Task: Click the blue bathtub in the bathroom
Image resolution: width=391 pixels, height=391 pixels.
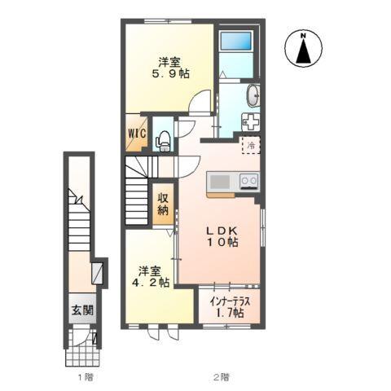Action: pos(237,42)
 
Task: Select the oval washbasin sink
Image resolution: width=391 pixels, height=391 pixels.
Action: pos(252,94)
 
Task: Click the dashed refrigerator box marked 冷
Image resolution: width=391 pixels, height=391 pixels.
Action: pos(252,145)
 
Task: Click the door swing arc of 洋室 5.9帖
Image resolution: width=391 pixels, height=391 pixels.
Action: pos(200,102)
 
